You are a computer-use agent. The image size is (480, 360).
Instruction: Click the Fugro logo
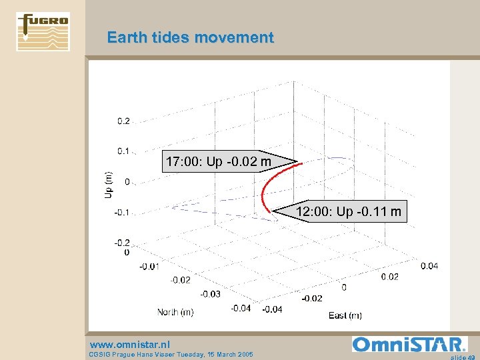(43, 31)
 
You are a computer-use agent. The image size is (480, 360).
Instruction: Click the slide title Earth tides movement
(190, 37)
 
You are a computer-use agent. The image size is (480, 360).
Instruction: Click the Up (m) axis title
(108, 184)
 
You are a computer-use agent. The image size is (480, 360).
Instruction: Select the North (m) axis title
(175, 312)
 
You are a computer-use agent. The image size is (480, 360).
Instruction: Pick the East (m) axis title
(345, 315)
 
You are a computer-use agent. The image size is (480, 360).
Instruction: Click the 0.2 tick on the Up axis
(124, 121)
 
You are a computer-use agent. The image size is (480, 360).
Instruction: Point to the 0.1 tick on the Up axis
(124, 151)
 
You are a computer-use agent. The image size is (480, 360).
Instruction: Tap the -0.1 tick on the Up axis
(123, 213)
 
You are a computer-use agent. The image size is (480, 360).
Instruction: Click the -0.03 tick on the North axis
(211, 294)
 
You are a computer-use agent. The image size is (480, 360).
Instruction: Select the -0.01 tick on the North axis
(149, 266)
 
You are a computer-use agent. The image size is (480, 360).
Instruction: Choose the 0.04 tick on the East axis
(429, 265)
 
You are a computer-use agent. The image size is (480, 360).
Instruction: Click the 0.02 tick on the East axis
(389, 276)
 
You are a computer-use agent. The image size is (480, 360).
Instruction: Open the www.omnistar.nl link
(129, 344)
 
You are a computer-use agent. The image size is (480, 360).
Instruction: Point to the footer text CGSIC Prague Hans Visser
(170, 355)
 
